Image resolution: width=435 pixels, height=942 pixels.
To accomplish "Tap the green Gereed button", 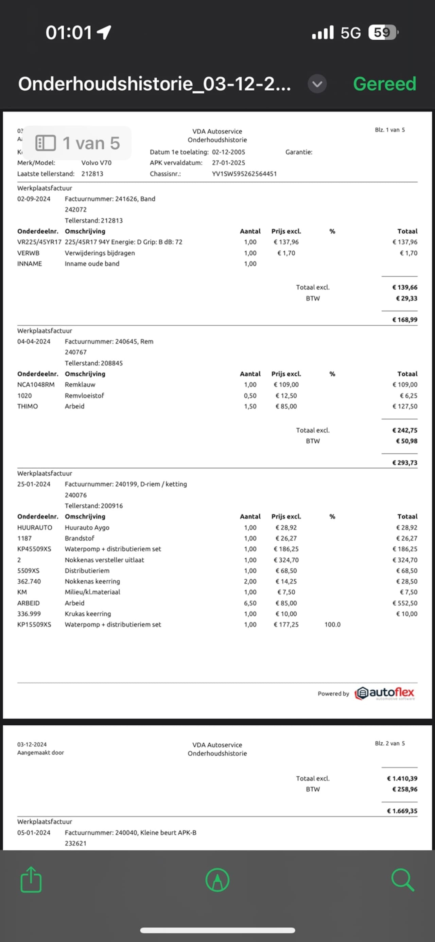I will (x=384, y=84).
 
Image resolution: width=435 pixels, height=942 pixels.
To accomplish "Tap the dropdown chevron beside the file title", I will (x=317, y=84).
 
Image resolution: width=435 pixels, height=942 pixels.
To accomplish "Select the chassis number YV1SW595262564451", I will (x=244, y=174).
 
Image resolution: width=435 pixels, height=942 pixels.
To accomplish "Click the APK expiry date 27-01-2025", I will (x=228, y=163).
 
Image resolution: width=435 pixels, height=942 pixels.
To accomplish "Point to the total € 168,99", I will (x=404, y=320).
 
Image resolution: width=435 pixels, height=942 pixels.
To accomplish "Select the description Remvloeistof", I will (x=85, y=396).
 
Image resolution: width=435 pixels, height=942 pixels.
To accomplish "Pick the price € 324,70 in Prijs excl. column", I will (x=286, y=560).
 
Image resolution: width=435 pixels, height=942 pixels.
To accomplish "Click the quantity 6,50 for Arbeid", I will (x=250, y=603).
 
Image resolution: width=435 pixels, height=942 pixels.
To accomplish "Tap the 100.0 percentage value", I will (x=332, y=624).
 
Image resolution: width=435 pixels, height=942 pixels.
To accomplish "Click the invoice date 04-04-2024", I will (x=34, y=342).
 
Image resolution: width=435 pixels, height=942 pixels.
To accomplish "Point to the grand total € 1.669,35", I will (x=402, y=811).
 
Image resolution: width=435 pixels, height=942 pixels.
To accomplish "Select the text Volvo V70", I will (x=96, y=163).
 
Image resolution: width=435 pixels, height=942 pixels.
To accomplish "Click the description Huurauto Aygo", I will (x=87, y=528).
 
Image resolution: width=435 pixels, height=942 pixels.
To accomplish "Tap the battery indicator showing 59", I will (x=382, y=33).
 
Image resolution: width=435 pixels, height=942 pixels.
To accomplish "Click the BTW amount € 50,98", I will (x=406, y=441).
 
